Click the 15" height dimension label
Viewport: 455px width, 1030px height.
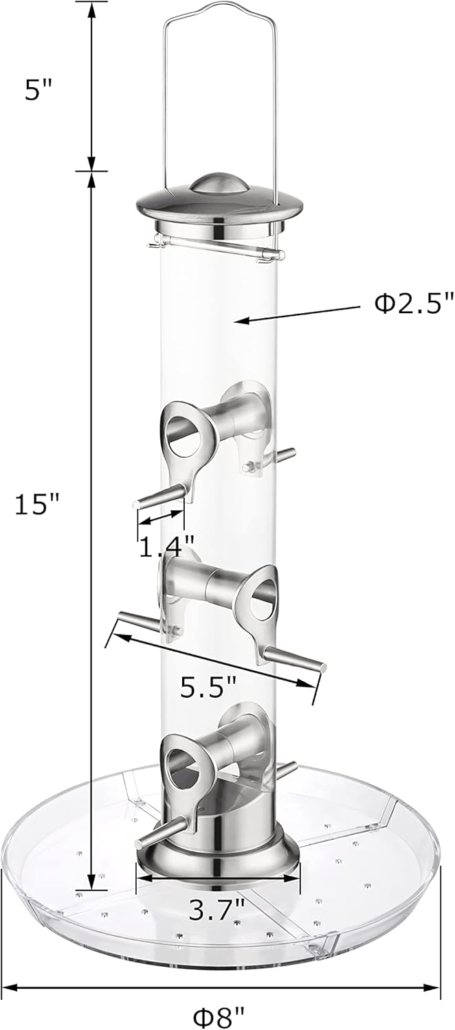[x=38, y=506]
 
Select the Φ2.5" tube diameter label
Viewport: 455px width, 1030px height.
[x=414, y=304]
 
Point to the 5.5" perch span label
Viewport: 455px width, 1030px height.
[x=208, y=686]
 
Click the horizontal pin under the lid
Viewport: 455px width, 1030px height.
[x=217, y=245]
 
